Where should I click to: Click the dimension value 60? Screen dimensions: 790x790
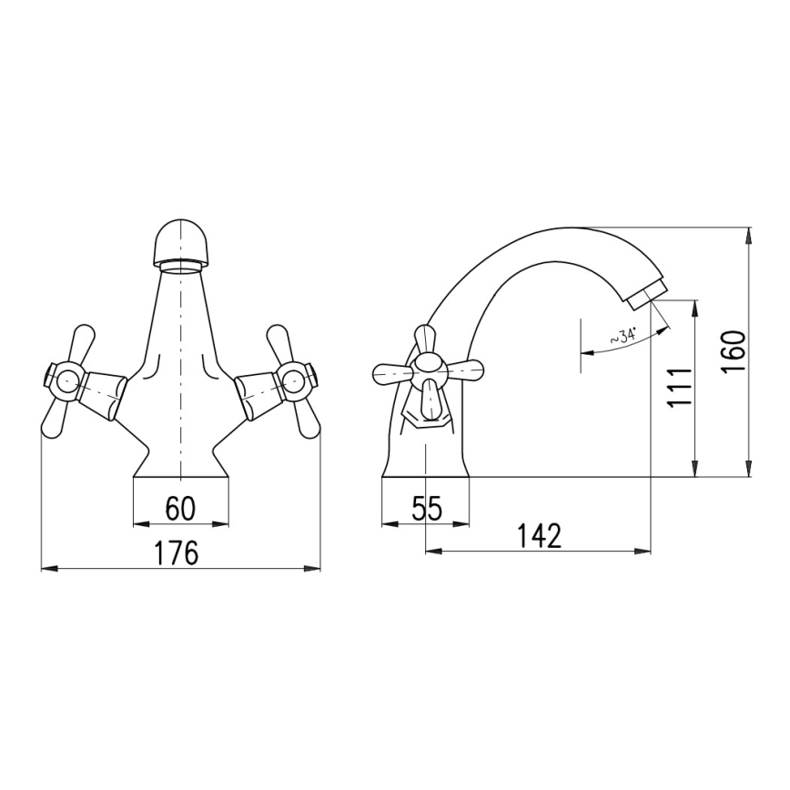181,509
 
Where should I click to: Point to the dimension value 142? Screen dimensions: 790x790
539,536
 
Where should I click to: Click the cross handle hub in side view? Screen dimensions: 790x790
428,370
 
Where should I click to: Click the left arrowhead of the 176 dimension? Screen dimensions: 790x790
46,568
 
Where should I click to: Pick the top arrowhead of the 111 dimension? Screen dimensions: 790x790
696,306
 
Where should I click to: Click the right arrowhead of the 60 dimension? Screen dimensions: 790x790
223,523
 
